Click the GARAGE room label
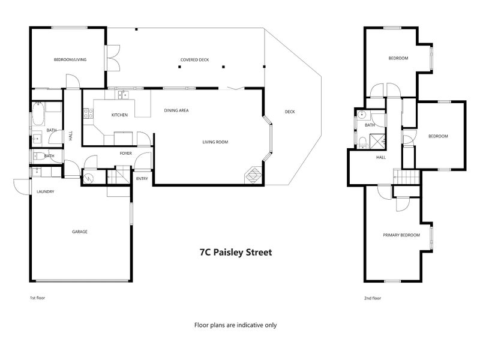(80, 232)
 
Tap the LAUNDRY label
(46, 191)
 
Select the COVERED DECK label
(194, 59)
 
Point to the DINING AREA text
(176, 110)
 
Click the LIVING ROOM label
(215, 142)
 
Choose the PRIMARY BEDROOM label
(401, 235)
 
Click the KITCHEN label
(119, 115)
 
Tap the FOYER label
(126, 154)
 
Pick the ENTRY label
(142, 178)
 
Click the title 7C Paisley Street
(236, 252)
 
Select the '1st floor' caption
(37, 298)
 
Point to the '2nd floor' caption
(373, 298)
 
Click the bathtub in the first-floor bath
(38, 113)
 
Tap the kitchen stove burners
(88, 113)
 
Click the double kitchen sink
(124, 95)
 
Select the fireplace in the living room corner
(253, 175)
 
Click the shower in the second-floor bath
(377, 141)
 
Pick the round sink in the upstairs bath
(362, 115)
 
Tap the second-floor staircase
(406, 178)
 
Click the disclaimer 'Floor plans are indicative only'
(235, 325)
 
